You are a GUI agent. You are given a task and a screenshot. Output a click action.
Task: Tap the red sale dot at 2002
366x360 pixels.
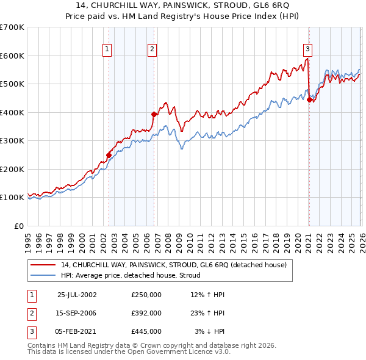click(109, 155)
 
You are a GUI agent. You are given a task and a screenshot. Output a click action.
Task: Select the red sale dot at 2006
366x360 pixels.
click(154, 114)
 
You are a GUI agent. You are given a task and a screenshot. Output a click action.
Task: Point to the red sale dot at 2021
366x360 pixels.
click(309, 99)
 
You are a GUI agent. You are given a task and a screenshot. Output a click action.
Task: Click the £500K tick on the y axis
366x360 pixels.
click(12, 84)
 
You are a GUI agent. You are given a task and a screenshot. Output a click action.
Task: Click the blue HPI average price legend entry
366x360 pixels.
click(135, 275)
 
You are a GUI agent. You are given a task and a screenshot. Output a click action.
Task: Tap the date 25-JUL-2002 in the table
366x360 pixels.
click(77, 295)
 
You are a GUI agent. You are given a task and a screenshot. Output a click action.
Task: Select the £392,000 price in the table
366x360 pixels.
click(146, 313)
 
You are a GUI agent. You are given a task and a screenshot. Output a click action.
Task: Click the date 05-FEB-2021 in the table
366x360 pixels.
click(76, 331)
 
